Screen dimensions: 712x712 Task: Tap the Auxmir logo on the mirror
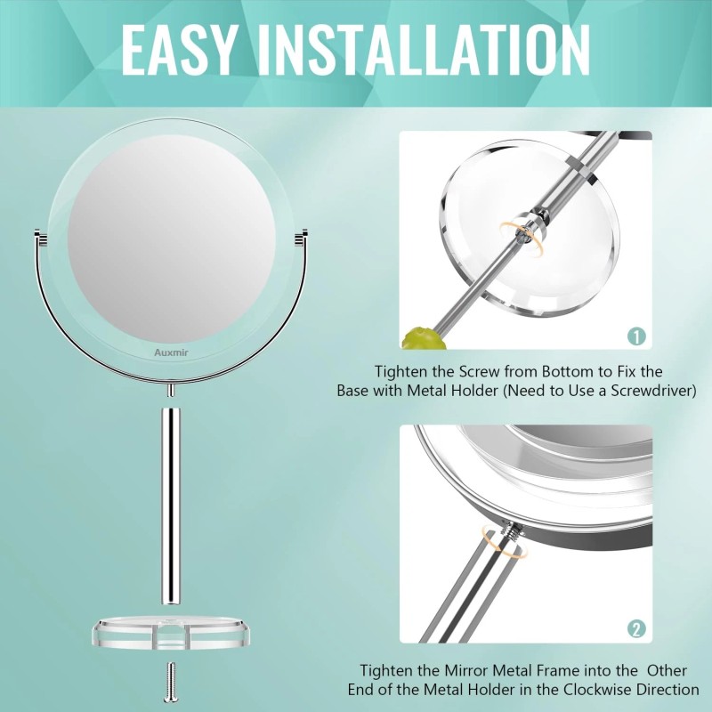pyautogui.click(x=172, y=352)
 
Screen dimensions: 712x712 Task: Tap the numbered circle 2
pyautogui.click(x=635, y=629)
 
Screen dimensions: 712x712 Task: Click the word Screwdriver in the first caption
pyautogui.click(x=654, y=390)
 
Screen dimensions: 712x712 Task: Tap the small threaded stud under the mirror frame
pyautogui.click(x=169, y=389)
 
